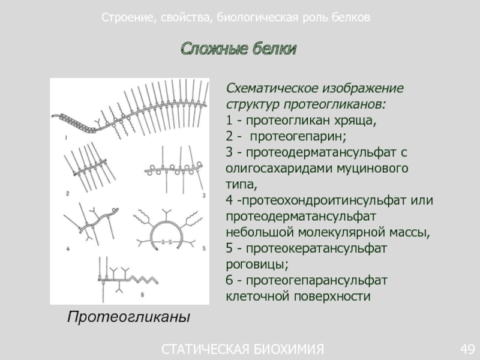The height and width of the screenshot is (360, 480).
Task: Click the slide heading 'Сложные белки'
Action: pyautogui.click(x=239, y=49)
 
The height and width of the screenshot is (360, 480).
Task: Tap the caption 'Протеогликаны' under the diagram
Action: pyautogui.click(x=128, y=316)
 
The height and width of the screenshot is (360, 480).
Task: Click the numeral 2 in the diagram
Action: pyautogui.click(x=68, y=193)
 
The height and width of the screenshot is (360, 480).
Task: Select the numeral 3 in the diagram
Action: pyautogui.click(x=203, y=196)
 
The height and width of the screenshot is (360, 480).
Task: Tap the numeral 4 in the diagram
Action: pyautogui.click(x=67, y=247)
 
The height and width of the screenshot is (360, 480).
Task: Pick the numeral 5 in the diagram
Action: pyautogui.click(x=203, y=247)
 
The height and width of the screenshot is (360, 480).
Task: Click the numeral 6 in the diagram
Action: pyautogui.click(x=142, y=294)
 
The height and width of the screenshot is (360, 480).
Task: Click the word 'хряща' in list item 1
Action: pyautogui.click(x=358, y=121)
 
